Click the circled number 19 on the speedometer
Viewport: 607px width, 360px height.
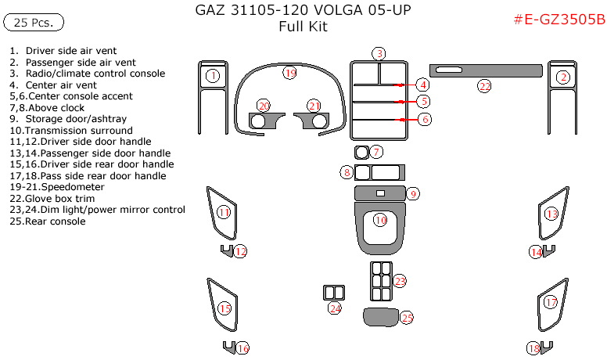(290, 74)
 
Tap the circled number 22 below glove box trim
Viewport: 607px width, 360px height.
(485, 85)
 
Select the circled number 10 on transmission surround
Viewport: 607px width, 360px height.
(380, 221)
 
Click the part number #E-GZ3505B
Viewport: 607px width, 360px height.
(559, 20)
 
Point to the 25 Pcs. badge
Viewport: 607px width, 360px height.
(34, 23)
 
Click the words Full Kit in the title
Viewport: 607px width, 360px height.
(303, 27)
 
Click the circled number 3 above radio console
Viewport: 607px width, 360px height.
(379, 53)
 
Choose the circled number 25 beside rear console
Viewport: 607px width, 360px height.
(407, 317)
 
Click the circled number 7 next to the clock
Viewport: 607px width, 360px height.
(376, 151)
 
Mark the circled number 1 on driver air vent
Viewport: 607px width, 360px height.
(214, 76)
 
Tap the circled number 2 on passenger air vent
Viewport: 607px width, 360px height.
(562, 77)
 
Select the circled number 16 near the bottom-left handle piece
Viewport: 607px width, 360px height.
(242, 348)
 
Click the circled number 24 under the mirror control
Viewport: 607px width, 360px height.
(335, 309)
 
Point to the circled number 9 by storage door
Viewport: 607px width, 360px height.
(413, 193)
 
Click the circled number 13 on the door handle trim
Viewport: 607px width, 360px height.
(551, 214)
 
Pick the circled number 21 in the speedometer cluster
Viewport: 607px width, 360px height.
(314, 105)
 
